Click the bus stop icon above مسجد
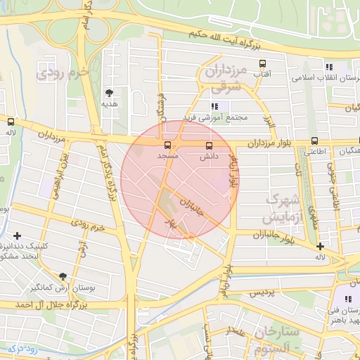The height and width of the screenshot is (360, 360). point(167,145)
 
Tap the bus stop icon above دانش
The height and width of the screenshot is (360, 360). point(208,146)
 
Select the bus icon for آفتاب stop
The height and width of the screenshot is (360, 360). point(262,63)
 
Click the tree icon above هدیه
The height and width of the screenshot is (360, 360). point(109,92)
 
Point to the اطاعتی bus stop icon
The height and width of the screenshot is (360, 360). point(314,141)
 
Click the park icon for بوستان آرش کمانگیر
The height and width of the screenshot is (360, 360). point(63,276)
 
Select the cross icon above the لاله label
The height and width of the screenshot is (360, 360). point(320,246)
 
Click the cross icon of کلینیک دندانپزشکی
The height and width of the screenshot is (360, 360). point(17,236)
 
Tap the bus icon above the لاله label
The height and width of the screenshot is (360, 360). point(10,121)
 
